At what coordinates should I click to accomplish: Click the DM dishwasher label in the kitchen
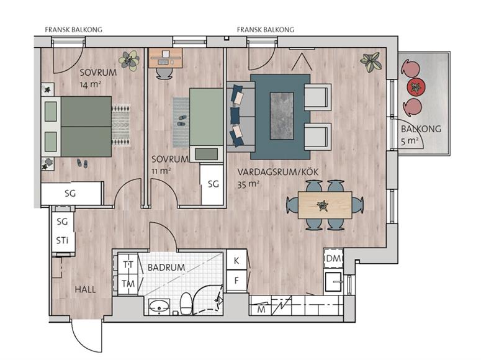(x=333, y=258)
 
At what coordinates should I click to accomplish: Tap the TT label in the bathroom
(x=128, y=264)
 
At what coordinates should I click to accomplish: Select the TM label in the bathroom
(x=128, y=284)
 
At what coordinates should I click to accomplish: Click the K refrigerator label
(x=236, y=261)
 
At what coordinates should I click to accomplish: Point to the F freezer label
(x=236, y=281)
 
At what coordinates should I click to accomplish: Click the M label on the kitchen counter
(x=261, y=310)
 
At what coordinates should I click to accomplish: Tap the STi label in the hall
(x=62, y=240)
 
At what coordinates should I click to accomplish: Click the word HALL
(x=85, y=289)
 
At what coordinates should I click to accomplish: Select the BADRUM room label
(x=166, y=268)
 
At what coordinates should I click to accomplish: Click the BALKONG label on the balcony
(x=421, y=129)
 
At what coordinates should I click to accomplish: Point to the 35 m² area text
(x=248, y=184)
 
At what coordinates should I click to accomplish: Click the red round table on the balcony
(x=416, y=87)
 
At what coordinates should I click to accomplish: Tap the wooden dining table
(x=325, y=205)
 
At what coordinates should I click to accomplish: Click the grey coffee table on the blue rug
(x=282, y=115)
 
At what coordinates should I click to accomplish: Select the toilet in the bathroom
(x=186, y=304)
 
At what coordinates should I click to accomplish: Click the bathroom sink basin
(x=159, y=306)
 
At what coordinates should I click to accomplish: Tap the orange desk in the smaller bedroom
(x=166, y=58)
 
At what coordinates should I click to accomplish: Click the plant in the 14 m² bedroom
(x=130, y=60)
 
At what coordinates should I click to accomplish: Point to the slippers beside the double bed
(x=82, y=163)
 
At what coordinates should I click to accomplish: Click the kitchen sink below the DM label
(x=333, y=282)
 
